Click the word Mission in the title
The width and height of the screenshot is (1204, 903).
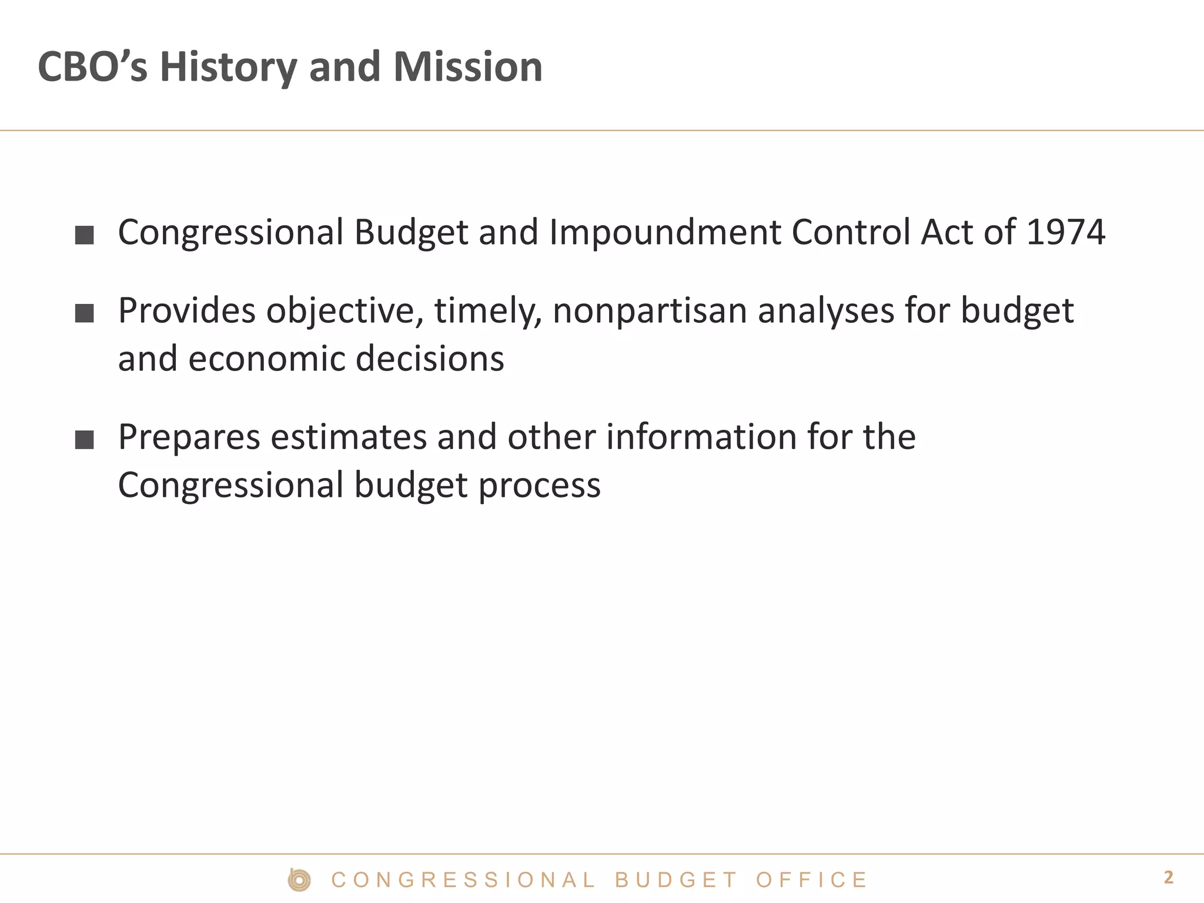pyautogui.click(x=467, y=67)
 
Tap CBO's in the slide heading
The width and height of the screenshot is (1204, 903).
pyautogui.click(x=92, y=67)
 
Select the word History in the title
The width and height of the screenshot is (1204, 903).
pyautogui.click(x=228, y=67)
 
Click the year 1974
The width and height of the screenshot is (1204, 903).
pyautogui.click(x=1065, y=232)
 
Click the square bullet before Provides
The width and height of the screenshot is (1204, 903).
pyautogui.click(x=85, y=313)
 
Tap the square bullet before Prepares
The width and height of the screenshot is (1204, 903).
pyautogui.click(x=85, y=440)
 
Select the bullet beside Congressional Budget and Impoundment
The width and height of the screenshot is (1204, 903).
pyautogui.click(x=85, y=235)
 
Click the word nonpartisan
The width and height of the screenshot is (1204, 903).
pyautogui.click(x=650, y=312)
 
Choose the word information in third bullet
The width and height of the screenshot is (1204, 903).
pyautogui.click(x=701, y=437)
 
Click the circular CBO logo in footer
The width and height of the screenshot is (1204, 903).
pyautogui.click(x=299, y=879)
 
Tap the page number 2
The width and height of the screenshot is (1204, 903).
pyautogui.click(x=1168, y=878)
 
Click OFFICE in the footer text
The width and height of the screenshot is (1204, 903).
pyautogui.click(x=811, y=880)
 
